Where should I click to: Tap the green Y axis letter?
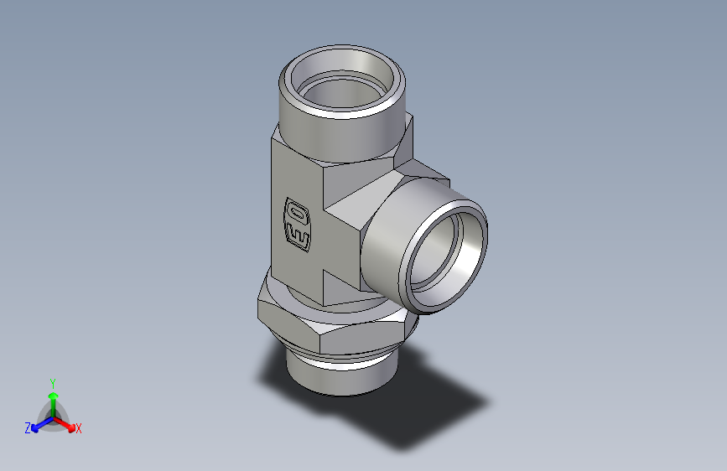(52, 381)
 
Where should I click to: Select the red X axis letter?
(79, 428)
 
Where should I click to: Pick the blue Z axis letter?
(28, 428)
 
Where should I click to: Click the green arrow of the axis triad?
(52, 397)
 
